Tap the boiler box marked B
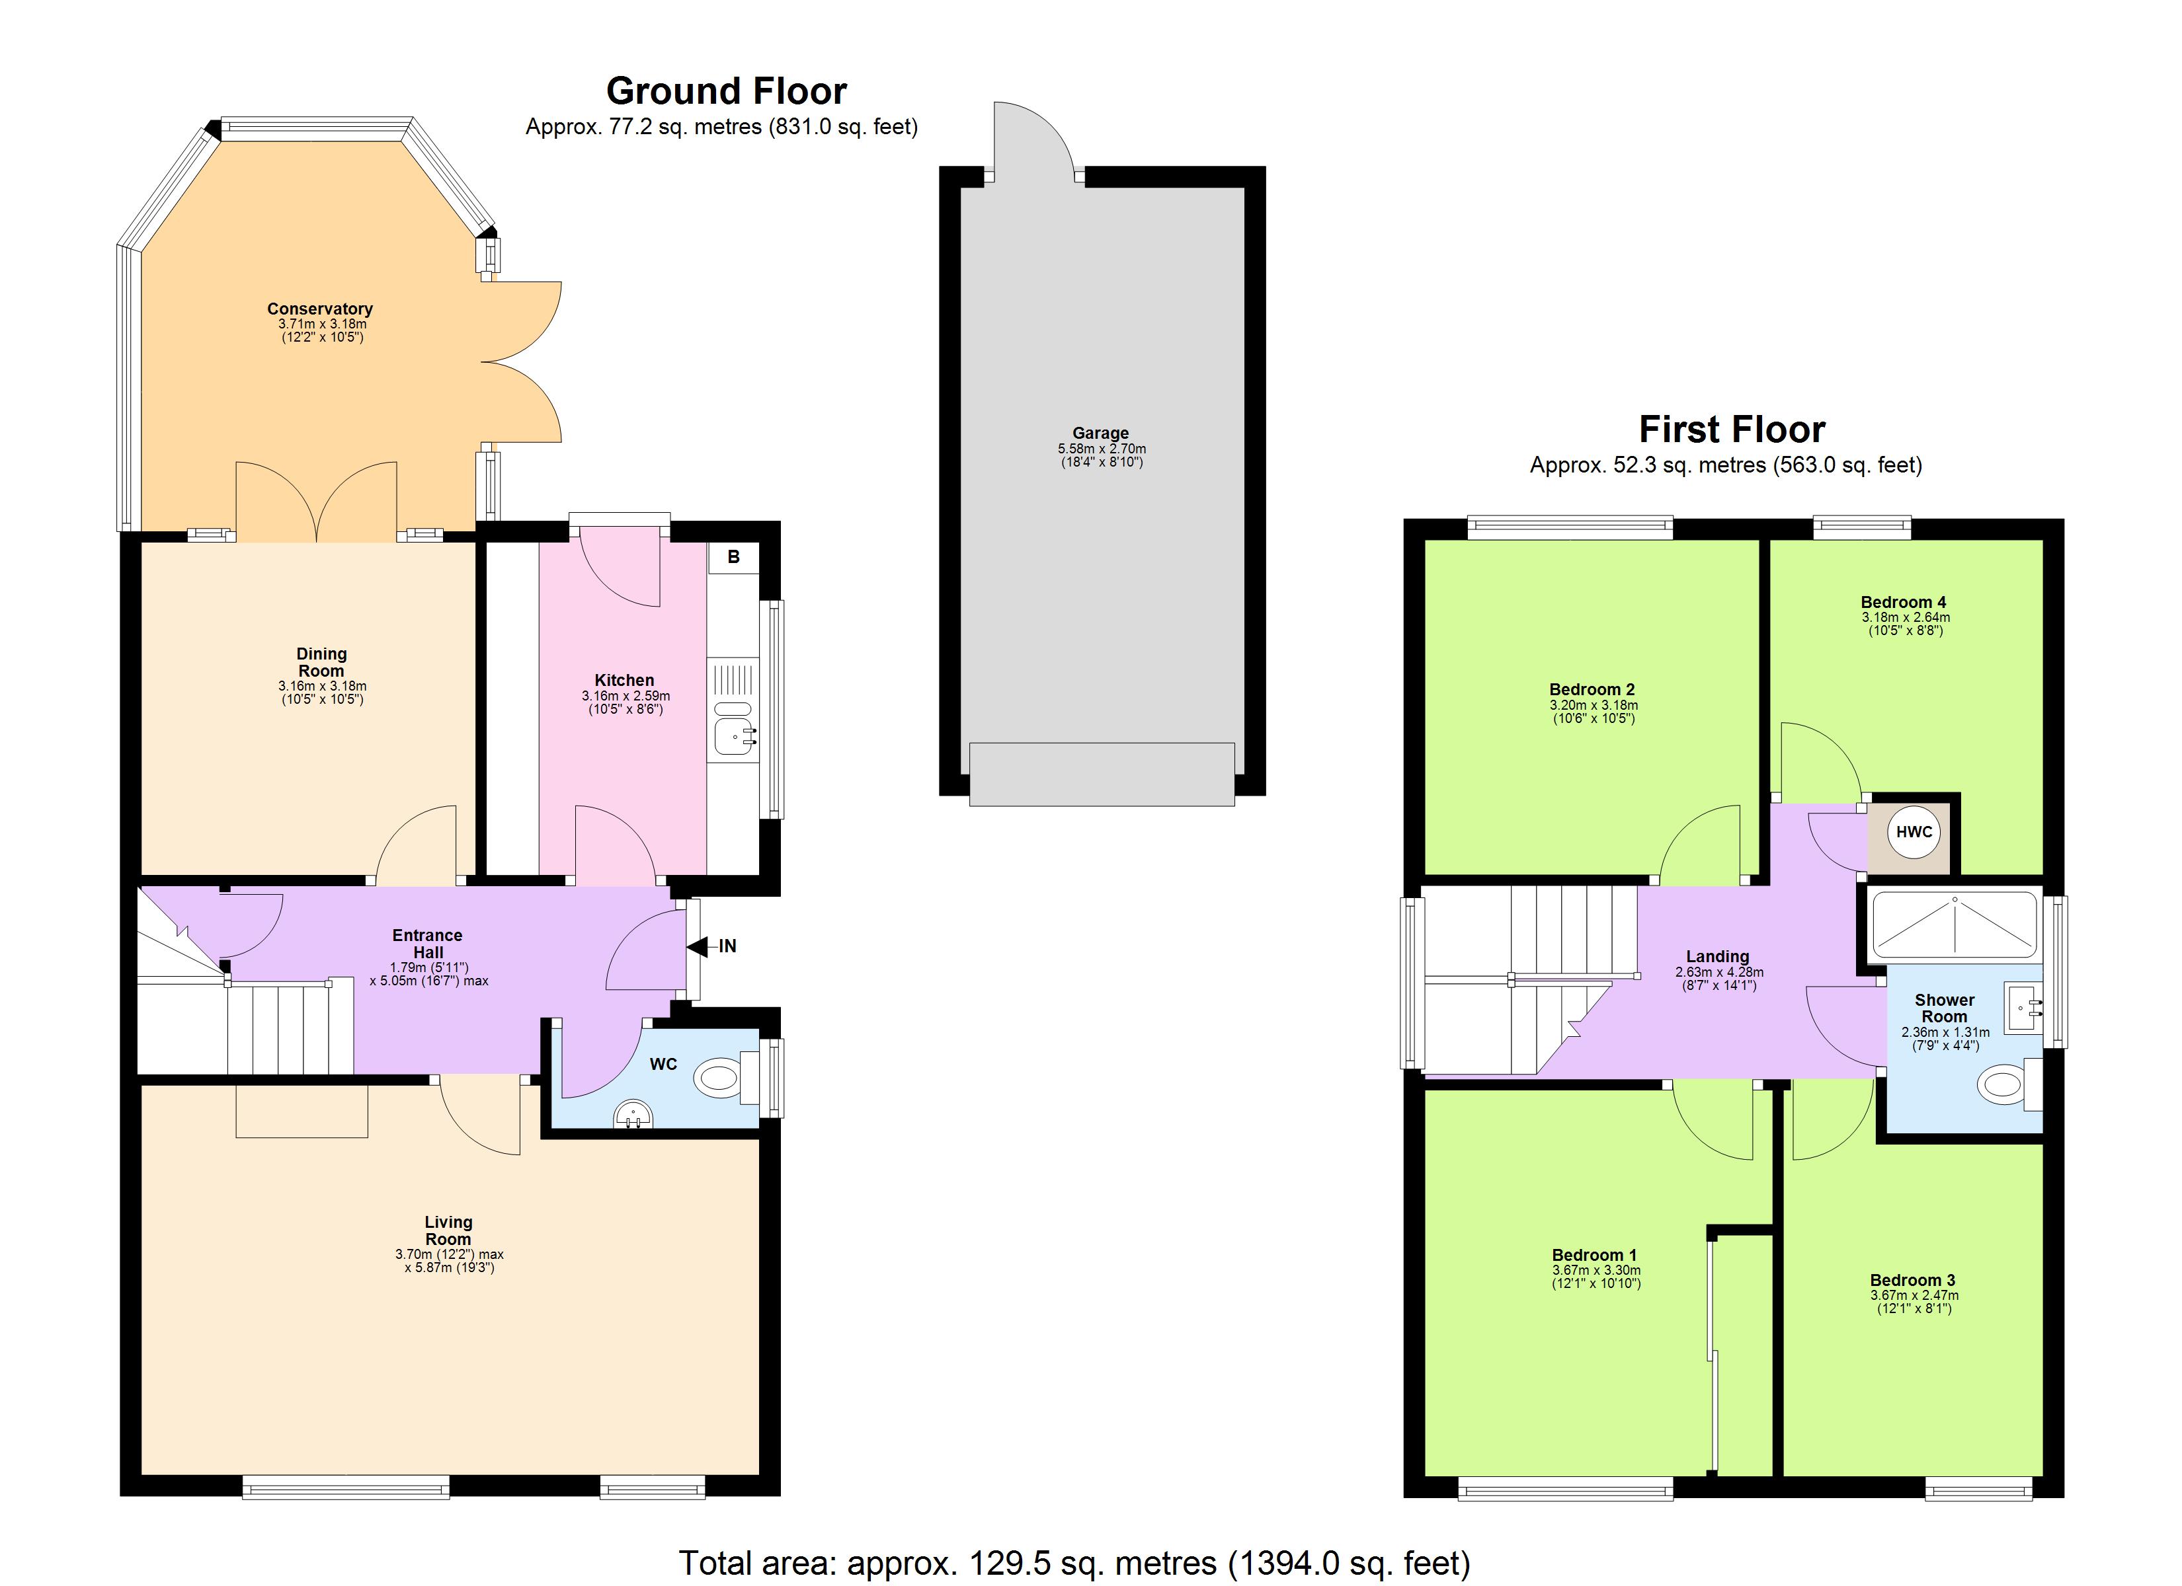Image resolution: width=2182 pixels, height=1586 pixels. coord(733,558)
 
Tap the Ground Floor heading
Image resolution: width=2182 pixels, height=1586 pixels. coord(727,91)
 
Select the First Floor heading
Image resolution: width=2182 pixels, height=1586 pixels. coord(1732,429)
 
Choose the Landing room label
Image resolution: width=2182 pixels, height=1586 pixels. coord(1717,957)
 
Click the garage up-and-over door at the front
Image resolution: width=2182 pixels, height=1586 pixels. coord(1101,774)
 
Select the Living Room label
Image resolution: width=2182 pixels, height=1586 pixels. coord(448,1230)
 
